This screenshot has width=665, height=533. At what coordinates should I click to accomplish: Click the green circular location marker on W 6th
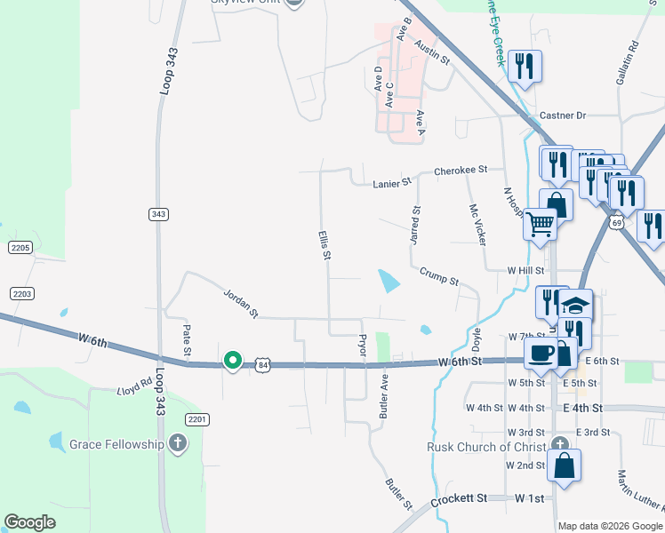click(232, 360)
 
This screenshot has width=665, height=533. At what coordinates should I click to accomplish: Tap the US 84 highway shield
click(261, 364)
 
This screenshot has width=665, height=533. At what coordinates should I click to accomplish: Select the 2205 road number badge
click(20, 248)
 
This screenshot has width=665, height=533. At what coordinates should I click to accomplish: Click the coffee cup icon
click(541, 353)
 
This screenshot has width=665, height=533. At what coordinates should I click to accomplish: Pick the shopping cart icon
click(540, 224)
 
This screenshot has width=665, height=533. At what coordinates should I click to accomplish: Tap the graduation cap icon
click(575, 306)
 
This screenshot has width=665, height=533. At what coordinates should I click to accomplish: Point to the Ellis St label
click(324, 245)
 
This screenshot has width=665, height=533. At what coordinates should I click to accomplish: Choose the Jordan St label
click(240, 302)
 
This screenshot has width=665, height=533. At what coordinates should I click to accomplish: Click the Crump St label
click(438, 277)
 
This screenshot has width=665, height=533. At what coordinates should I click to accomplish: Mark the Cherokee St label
click(461, 170)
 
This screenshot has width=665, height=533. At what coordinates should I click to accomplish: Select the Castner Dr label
click(563, 116)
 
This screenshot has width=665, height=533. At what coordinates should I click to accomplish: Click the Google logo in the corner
click(29, 522)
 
